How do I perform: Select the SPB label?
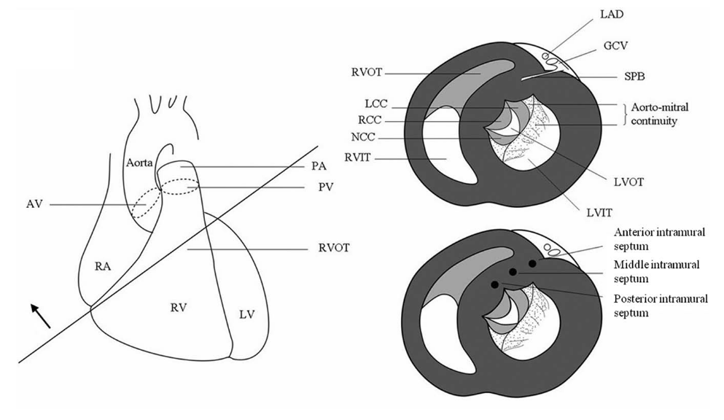tap(642, 76)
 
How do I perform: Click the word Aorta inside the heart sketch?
tap(140, 161)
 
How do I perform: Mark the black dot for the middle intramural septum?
tap(513, 272)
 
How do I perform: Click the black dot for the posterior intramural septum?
tap(496, 284)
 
